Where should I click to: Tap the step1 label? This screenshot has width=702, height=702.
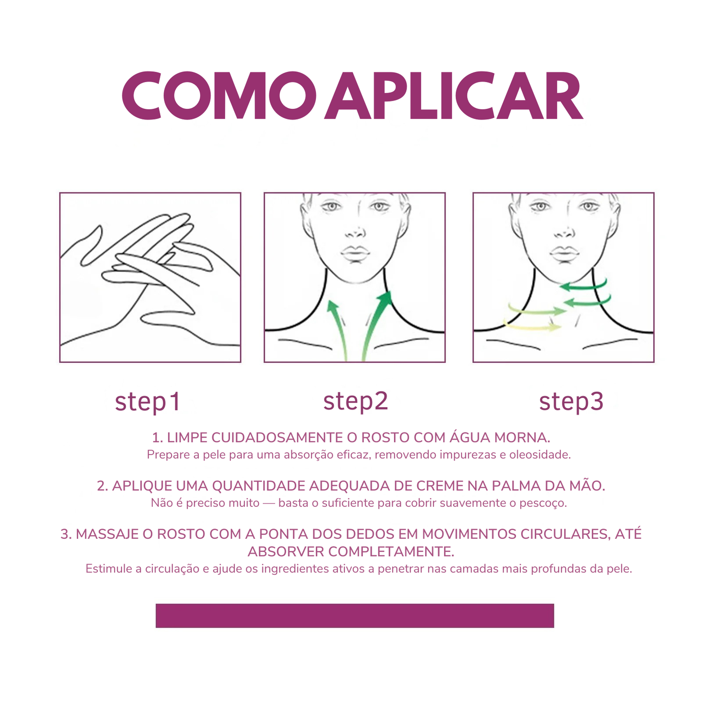coord(148,402)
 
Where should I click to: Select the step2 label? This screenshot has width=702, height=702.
coord(356,401)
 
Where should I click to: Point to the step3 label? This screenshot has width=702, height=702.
coord(571,401)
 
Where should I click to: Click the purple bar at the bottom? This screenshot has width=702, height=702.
coord(355,616)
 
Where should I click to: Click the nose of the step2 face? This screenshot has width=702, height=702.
coord(357,232)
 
